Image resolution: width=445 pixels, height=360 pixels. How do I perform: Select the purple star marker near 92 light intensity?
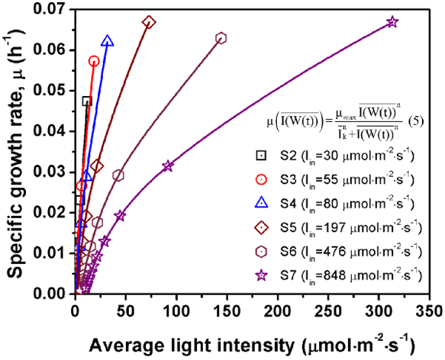pos(168,166)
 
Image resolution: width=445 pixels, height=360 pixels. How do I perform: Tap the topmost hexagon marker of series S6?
pos(221,38)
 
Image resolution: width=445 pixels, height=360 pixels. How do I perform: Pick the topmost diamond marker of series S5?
pos(149,22)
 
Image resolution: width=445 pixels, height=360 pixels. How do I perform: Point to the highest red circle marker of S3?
pos(94,61)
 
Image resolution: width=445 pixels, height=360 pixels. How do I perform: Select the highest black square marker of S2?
pos(86,101)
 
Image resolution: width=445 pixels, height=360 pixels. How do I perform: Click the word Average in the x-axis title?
pos(122,342)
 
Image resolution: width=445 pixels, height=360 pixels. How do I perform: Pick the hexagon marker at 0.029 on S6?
pos(118,175)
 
